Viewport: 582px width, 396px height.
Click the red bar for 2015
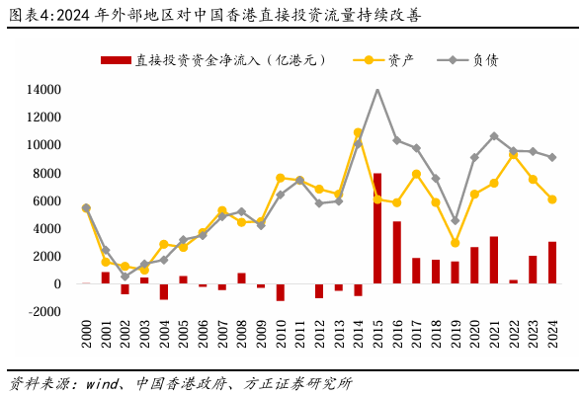point(377,228)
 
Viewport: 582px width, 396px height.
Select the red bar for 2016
point(396,252)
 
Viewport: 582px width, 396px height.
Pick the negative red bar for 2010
point(281,292)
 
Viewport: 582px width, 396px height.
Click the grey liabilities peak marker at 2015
point(377,91)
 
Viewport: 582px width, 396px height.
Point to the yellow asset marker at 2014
point(358,132)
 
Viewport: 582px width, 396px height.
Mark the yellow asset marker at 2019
point(455,242)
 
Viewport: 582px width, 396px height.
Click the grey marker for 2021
point(494,136)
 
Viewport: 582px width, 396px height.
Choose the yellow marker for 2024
point(552,199)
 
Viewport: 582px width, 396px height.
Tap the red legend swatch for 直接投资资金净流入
point(116,60)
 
